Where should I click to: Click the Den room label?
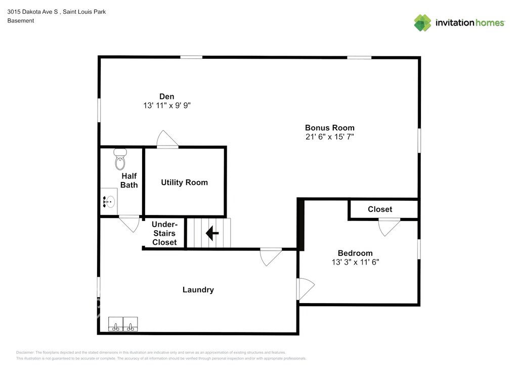point(166,96)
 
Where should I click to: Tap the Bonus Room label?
point(330,128)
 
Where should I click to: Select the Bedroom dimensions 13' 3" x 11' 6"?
point(355,262)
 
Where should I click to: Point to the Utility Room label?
point(184,182)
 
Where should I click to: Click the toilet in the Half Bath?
point(120,159)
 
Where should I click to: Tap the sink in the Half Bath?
point(109,202)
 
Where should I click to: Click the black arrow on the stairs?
point(212,233)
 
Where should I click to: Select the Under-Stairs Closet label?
point(164,233)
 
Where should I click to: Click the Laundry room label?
point(198,290)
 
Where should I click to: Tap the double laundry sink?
point(123,324)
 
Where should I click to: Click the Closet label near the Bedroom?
point(380,209)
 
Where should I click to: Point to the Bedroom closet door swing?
point(389,227)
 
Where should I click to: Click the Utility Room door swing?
point(167,139)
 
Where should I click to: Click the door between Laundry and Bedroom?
point(306,288)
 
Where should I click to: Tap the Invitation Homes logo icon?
point(422,23)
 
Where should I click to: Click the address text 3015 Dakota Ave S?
point(32,12)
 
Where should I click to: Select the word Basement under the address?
point(20,20)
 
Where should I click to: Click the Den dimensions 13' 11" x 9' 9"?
point(167,105)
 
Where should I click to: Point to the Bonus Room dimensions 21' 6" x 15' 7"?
point(330,137)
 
